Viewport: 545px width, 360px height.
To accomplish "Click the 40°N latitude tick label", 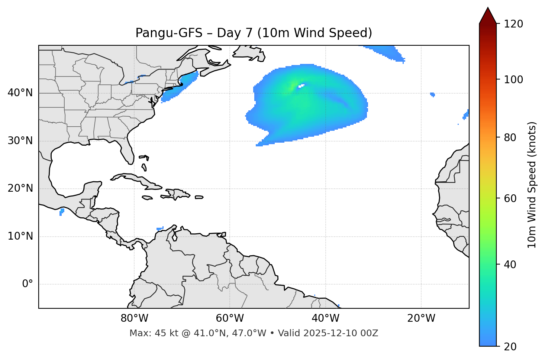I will click(x=20, y=93).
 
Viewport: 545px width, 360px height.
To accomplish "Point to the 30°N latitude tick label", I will click(x=20, y=141).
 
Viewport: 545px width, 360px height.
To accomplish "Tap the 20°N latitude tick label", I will click(x=20, y=188).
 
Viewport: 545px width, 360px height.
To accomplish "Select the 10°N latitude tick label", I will click(x=20, y=236).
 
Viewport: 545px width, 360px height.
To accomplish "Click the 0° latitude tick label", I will click(x=28, y=284).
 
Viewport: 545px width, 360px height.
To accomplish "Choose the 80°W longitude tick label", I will click(x=135, y=318).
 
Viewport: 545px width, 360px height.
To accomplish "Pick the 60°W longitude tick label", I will click(x=230, y=318).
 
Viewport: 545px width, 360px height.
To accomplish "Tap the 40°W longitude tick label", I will click(x=326, y=318).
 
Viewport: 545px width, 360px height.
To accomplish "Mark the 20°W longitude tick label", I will click(x=421, y=318).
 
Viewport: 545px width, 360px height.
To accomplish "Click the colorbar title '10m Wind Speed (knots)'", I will click(x=532, y=185).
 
